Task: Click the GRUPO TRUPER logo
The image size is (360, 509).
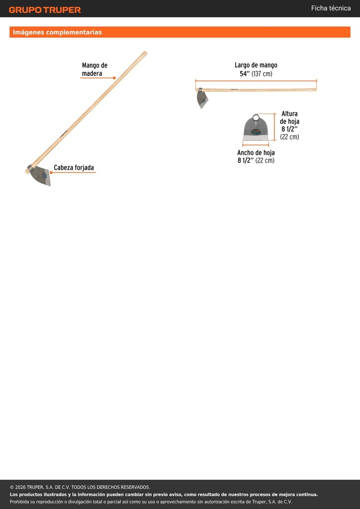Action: (x=45, y=10)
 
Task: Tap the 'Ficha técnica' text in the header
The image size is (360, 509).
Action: (x=331, y=8)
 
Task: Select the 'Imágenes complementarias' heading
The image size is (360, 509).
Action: (x=57, y=32)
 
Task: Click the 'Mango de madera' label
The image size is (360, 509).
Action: (x=94, y=70)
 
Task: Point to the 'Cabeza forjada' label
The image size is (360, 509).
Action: (x=74, y=168)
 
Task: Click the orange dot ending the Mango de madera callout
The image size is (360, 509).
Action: (x=114, y=78)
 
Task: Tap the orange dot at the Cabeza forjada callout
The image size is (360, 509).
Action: (x=51, y=172)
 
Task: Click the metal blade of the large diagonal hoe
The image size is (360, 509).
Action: (x=41, y=175)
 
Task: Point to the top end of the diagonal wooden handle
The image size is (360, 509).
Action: (x=145, y=53)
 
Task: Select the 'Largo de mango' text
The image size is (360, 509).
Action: (x=256, y=65)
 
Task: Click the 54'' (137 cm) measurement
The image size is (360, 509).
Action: (x=256, y=74)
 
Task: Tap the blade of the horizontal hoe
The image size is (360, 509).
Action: (x=202, y=98)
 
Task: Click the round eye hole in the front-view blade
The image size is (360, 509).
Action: (x=256, y=117)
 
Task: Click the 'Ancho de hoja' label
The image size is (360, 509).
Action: (x=256, y=153)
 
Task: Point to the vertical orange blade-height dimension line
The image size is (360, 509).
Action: (x=274, y=127)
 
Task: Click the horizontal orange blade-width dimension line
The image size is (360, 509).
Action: (x=256, y=145)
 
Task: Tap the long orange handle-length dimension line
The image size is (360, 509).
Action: (x=256, y=81)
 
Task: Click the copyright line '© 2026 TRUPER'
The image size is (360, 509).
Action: (x=80, y=487)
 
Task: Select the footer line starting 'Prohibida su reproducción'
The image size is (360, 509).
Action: (x=151, y=502)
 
